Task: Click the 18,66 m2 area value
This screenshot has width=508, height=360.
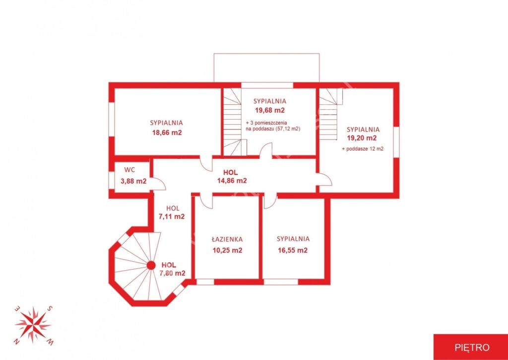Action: coord(167,132)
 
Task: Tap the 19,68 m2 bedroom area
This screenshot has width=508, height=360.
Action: coord(270,110)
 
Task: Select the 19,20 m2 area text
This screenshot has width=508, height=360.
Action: coord(362,138)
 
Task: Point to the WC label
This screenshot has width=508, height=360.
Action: coord(129,170)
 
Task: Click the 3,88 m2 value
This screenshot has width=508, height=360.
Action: coord(133,181)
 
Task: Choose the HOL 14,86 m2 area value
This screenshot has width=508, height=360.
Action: coord(232,181)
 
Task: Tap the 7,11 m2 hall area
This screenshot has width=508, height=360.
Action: coord(171,216)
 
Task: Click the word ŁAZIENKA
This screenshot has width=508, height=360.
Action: coord(227,239)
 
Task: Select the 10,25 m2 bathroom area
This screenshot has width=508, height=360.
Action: coord(227,250)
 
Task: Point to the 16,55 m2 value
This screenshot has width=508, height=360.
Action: coord(293,250)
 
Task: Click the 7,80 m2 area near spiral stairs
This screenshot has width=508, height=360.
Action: coord(172,273)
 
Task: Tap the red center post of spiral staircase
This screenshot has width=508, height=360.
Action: coord(151,266)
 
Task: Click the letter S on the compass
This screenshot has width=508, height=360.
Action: coord(50,308)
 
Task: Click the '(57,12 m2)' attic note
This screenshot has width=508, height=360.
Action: coord(288,129)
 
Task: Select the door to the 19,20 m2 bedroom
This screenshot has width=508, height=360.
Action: coord(324,180)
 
